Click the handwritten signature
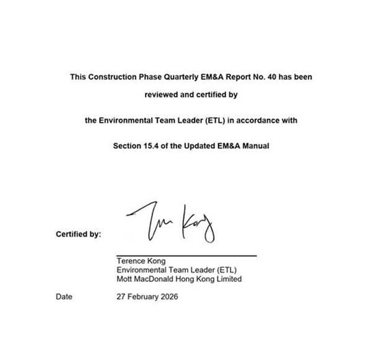pyautogui.click(x=171, y=222)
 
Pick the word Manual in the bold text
pyautogui.click(x=256, y=146)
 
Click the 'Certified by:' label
pyautogui.click(x=78, y=235)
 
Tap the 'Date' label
pyautogui.click(x=64, y=297)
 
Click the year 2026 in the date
pyautogui.click(x=168, y=297)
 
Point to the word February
pyautogui.click(x=143, y=297)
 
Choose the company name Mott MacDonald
pyautogui.click(x=147, y=279)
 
